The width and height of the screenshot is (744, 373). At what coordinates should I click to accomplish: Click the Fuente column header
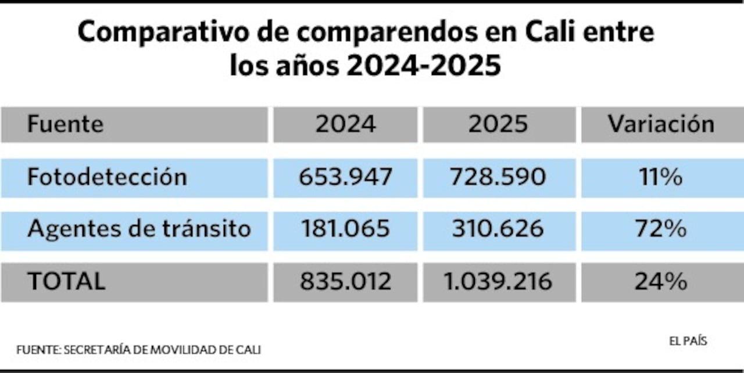[65, 124]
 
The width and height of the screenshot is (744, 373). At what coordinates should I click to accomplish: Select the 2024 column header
[345, 124]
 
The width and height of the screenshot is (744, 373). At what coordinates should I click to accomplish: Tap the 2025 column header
[499, 124]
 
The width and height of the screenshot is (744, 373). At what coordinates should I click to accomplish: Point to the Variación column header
[661, 124]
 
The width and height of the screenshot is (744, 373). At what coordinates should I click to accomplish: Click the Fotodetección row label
[107, 177]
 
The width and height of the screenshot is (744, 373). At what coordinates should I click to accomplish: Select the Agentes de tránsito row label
[139, 229]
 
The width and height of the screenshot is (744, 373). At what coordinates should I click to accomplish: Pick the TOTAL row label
[67, 282]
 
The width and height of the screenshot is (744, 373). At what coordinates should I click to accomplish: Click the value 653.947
[345, 177]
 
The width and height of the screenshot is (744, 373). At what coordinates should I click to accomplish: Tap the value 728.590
[498, 177]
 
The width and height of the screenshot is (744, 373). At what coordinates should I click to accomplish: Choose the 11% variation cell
[661, 177]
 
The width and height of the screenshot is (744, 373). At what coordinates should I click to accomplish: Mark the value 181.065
[345, 229]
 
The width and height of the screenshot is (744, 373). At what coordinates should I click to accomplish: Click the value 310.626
[498, 229]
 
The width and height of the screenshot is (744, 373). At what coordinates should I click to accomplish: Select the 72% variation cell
[661, 229]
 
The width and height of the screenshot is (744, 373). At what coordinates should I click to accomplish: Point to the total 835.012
[345, 282]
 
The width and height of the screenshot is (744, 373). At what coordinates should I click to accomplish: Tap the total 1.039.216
[498, 282]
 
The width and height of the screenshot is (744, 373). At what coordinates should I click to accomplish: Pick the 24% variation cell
[661, 282]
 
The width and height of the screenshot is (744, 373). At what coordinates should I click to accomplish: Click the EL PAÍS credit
[688, 342]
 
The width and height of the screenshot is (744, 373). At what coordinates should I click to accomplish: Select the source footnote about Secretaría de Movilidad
[138, 350]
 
